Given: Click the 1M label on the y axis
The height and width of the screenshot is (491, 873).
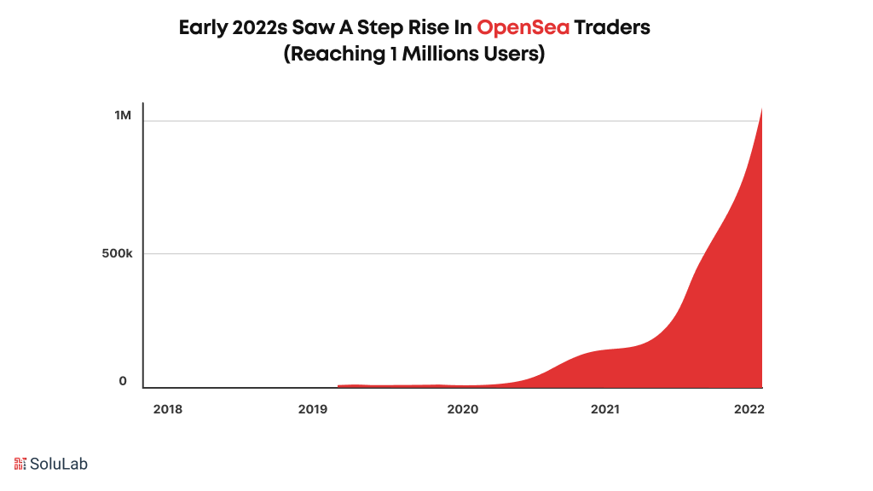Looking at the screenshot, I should [123, 114].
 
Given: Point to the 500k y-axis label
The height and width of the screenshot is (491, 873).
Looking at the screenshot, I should [117, 254].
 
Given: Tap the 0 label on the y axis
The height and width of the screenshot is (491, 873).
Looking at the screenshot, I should [123, 381].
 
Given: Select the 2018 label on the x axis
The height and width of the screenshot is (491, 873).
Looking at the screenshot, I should [167, 409].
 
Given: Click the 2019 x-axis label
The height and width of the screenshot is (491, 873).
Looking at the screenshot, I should [314, 409].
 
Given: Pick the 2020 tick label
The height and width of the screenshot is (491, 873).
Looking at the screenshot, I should [462, 409].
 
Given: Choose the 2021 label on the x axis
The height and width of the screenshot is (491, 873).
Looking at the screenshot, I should [605, 409].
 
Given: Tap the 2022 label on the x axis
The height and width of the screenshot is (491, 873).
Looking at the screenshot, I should [749, 409].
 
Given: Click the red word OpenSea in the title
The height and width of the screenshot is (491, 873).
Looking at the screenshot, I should [523, 27].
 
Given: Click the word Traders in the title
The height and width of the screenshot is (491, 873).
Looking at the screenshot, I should [612, 27].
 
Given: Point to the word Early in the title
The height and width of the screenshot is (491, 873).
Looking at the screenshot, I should [203, 27].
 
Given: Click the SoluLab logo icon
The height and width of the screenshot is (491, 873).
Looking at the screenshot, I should [20, 464].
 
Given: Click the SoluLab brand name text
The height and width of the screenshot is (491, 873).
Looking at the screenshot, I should [59, 464].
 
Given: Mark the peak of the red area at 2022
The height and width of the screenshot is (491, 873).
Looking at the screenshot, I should [760, 110].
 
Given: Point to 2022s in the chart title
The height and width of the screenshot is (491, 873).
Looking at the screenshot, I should [260, 27].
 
